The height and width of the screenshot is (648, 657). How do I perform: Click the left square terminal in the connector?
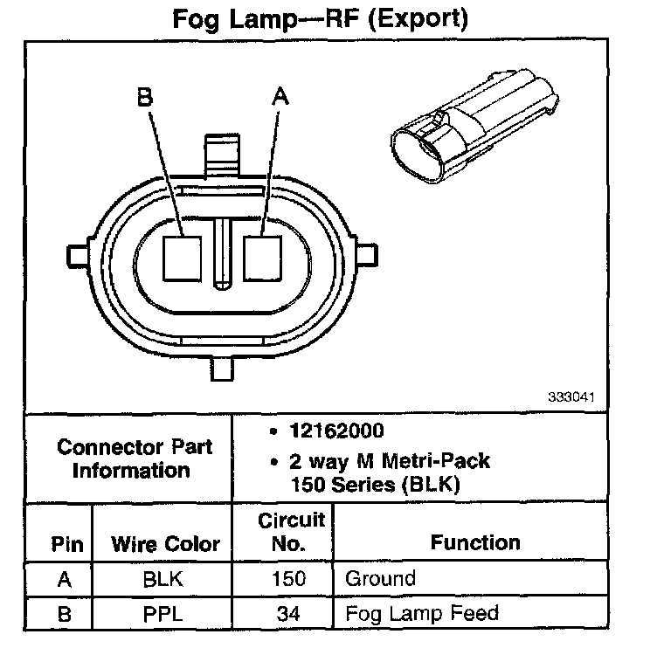coord(183,257)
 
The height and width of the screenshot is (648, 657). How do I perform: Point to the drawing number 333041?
coord(571,395)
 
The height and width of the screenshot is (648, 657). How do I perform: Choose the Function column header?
coord(474,542)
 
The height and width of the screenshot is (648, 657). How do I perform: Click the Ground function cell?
coord(380,578)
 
